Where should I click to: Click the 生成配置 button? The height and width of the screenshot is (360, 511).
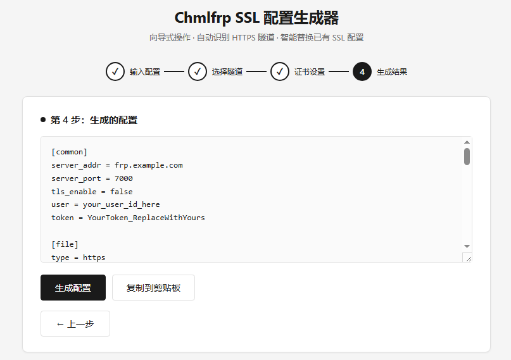point(73,287)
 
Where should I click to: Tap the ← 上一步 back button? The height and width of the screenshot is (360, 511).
point(75,323)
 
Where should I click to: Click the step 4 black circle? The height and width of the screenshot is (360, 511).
point(362,71)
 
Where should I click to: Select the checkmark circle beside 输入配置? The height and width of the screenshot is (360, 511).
point(115,71)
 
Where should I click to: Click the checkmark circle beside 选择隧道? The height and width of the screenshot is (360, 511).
point(198,71)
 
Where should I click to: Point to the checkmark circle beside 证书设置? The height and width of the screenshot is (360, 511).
point(280,71)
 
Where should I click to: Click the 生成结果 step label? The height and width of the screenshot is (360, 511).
point(392,71)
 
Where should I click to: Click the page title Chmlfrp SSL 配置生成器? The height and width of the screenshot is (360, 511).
point(256,18)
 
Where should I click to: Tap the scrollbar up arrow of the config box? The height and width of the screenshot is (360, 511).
point(467,142)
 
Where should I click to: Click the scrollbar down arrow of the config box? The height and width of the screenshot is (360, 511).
point(467,246)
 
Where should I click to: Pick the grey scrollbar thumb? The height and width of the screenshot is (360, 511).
point(467,156)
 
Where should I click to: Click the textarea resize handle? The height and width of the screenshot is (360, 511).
point(469,258)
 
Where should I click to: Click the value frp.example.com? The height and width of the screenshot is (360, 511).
point(149,165)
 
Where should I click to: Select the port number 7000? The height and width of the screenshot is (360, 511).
point(123,178)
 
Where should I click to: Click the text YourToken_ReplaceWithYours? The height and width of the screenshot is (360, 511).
point(146,218)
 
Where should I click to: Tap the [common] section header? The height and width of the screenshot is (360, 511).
point(70,152)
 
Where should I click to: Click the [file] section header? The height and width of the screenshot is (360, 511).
point(65,244)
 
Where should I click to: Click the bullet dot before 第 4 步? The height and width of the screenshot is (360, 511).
point(43,120)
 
